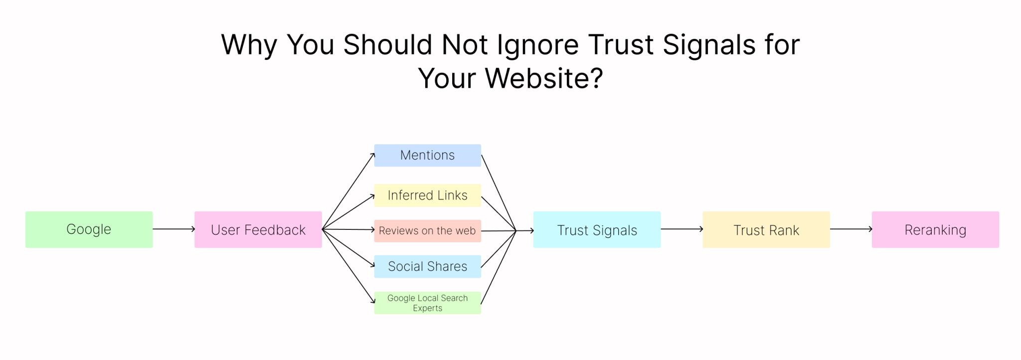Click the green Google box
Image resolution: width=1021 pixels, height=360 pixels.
[89, 229]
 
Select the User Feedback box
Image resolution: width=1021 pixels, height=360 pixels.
[258, 229]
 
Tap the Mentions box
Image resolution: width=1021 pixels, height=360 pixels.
[428, 156]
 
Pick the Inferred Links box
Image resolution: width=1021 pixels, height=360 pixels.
[428, 195]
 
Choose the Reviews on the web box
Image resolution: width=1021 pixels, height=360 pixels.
[428, 231]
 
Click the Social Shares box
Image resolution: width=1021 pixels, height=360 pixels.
[428, 266]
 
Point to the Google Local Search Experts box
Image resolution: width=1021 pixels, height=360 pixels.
[428, 303]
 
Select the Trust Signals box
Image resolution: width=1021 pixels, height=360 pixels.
[597, 229]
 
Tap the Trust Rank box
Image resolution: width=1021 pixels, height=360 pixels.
[766, 229]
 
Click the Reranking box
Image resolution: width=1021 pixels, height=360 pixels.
[935, 229]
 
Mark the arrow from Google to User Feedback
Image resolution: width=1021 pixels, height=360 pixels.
[174, 229]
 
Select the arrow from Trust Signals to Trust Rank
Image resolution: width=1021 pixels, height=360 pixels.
[682, 229]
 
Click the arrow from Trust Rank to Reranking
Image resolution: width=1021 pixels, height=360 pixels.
[851, 229]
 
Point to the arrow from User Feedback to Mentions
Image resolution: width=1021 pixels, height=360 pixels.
[348, 191]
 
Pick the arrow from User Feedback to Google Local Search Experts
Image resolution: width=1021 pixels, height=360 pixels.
[348, 266]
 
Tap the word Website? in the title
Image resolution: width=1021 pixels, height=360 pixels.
[544, 78]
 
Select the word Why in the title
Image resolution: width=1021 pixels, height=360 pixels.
[249, 45]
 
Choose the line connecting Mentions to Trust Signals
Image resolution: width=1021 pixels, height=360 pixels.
[499, 193]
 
